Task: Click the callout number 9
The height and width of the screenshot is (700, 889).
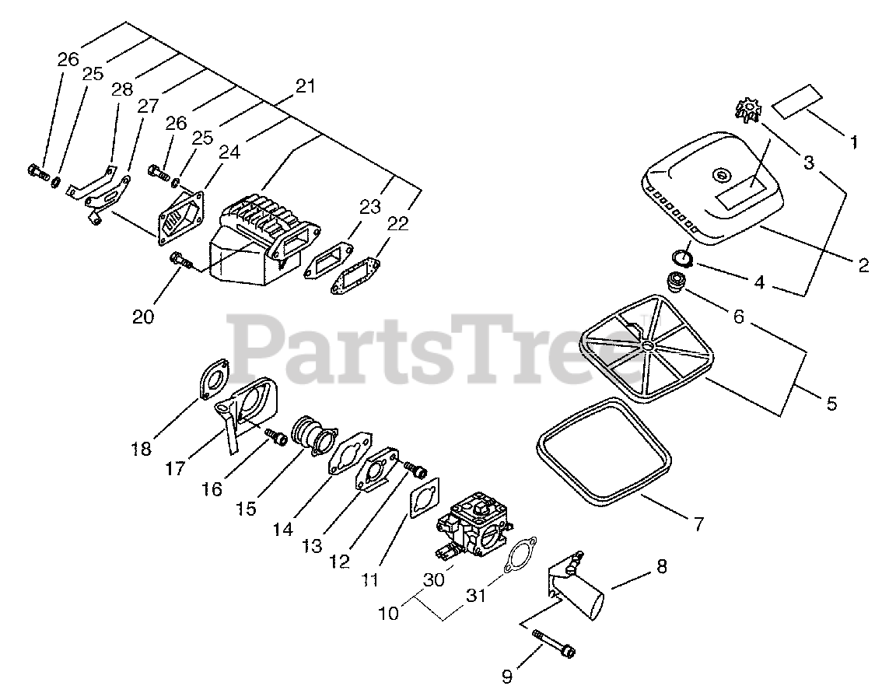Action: coord(507,677)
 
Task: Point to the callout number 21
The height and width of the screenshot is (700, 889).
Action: coord(306,86)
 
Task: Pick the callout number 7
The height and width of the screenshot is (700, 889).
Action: coord(698,523)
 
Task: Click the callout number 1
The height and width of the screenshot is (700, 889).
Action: coord(853,142)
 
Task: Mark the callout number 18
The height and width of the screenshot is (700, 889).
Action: coord(142,450)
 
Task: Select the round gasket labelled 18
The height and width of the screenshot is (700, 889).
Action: coord(212,380)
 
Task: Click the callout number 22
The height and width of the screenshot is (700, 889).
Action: coord(397,223)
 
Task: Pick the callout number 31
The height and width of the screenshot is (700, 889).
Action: coord(475,596)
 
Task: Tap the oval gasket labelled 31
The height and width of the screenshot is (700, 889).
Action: coord(517,555)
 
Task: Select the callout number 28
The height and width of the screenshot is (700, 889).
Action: coord(122,90)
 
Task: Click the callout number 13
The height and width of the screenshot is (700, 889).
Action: coord(312,546)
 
